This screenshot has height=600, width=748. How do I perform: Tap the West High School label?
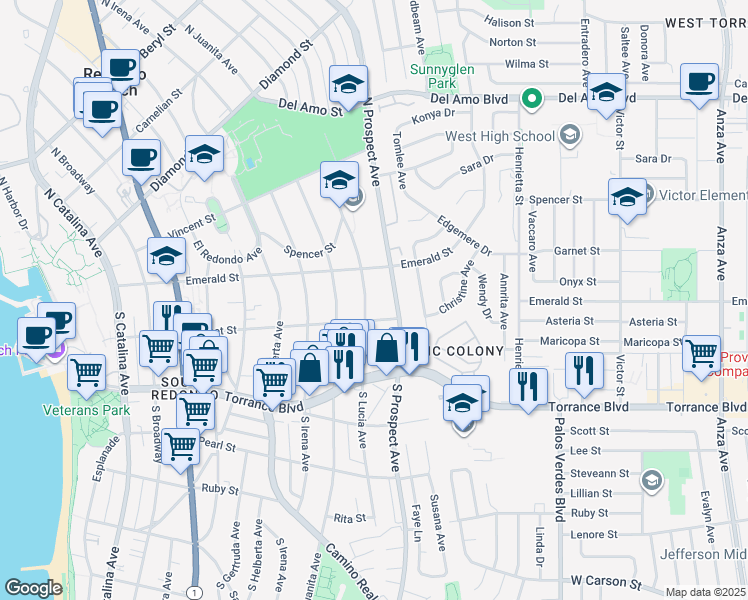click(x=500, y=136)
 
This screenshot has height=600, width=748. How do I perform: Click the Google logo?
click(x=33, y=588)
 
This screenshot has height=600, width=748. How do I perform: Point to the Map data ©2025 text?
click(x=706, y=592)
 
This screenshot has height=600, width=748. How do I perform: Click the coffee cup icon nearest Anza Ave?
click(x=699, y=84)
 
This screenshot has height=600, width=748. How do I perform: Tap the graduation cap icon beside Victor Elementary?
click(x=627, y=197)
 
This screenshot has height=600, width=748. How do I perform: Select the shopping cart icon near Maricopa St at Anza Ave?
click(x=701, y=353)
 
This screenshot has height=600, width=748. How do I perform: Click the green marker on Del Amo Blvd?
click(x=533, y=99)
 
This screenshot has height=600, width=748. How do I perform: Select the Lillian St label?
click(x=591, y=493)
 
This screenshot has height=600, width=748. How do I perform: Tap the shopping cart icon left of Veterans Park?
click(x=87, y=373)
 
